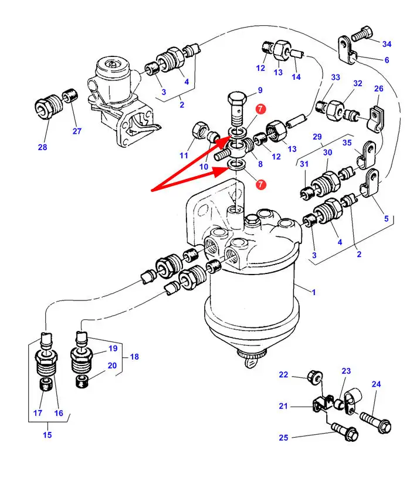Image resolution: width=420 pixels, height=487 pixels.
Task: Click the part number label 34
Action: click(x=387, y=44)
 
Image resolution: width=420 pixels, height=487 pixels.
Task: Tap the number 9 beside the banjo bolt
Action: click(x=260, y=90)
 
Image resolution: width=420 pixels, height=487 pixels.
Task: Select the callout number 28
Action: click(x=42, y=147)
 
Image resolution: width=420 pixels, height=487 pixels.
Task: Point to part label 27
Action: click(x=77, y=131)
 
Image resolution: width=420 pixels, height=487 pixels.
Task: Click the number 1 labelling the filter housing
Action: click(x=314, y=292)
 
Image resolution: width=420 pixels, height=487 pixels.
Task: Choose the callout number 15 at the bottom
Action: click(x=47, y=435)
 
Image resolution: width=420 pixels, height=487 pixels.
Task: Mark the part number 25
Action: click(x=283, y=437)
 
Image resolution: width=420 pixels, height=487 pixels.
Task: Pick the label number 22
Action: click(x=283, y=375)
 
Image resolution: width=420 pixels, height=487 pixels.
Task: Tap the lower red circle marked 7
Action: click(x=261, y=184)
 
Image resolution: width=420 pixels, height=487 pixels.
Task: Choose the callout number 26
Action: click(x=378, y=89)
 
